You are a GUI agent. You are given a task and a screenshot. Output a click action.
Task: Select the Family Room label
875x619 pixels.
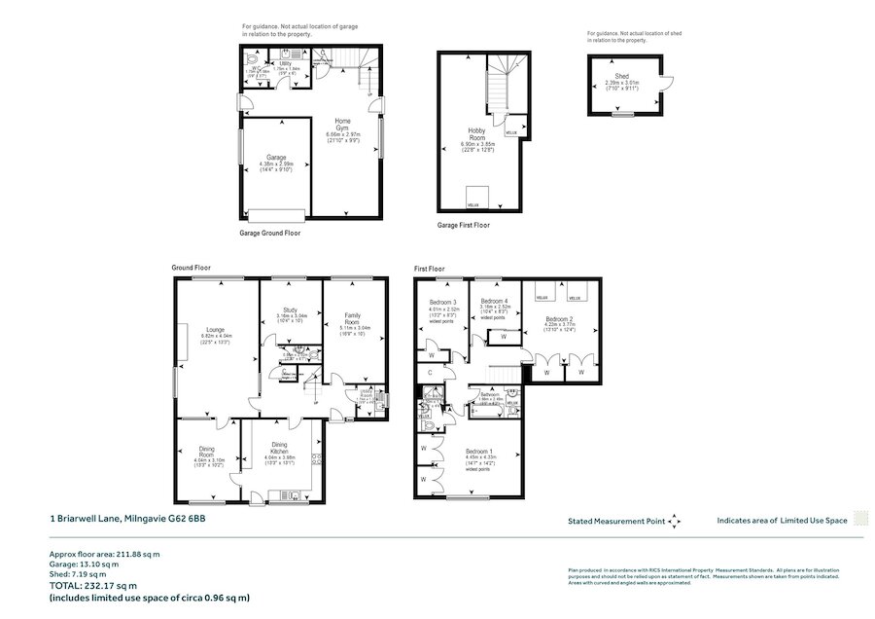pyautogui.click(x=353, y=316)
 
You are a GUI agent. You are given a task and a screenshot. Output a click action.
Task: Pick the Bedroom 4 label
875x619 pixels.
pyautogui.click(x=495, y=302)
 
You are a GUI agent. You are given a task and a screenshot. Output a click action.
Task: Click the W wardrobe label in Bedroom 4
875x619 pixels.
pyautogui.click(x=488, y=337)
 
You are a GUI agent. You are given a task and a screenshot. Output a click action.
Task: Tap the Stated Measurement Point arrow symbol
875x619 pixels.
pyautogui.click(x=675, y=522)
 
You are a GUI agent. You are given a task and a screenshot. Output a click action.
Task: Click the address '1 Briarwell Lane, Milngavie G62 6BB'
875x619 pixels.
pyautogui.click(x=127, y=519)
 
